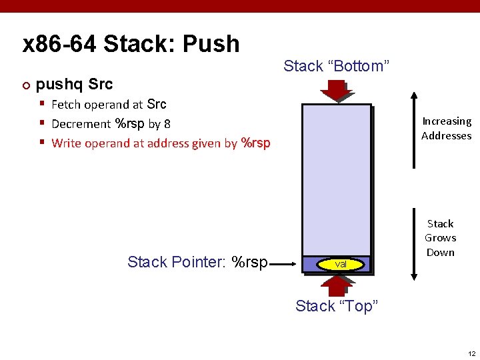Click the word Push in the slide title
coord(210,44)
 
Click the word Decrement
coord(81,124)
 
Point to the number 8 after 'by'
coord(167,124)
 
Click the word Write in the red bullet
coord(66,143)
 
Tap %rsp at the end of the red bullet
coord(255,143)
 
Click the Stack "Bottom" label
coord(336,66)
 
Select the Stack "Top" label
coord(337,306)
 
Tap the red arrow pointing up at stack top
coord(335,284)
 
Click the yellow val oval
coord(341,265)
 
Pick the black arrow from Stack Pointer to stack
coord(285,264)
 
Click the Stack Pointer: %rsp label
coord(197,262)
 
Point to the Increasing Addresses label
coord(446,129)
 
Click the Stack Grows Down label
coord(440,238)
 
